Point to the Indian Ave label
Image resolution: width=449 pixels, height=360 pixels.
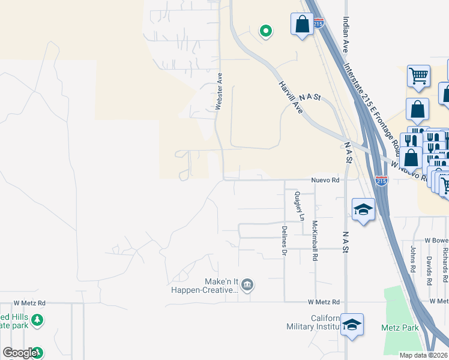point(346,34)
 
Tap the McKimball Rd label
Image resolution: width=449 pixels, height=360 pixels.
point(315,241)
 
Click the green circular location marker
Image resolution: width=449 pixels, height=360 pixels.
point(265,31)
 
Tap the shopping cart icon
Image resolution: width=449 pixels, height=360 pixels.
point(418,76)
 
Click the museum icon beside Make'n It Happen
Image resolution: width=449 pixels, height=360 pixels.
point(247,284)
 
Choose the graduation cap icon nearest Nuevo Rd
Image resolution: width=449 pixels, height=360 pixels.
point(363,209)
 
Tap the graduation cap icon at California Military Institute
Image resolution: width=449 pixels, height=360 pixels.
point(352,325)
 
